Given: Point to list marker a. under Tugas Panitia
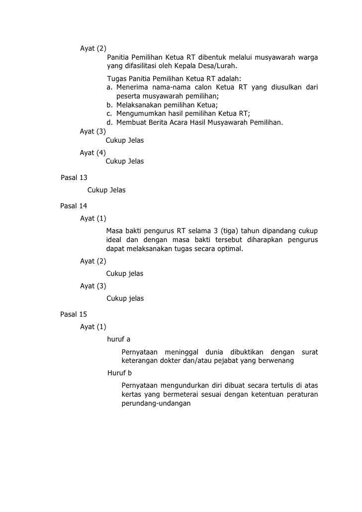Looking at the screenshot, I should (109, 87).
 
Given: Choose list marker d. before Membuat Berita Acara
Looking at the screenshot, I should (109, 122).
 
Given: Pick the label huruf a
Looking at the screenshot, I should (118, 340).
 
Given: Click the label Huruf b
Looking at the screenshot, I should (119, 373).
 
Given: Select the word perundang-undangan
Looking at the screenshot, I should (156, 404).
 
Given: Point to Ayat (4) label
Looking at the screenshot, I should (93, 153).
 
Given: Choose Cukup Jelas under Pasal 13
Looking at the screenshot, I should (106, 190).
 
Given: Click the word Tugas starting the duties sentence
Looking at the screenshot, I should (116, 79).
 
